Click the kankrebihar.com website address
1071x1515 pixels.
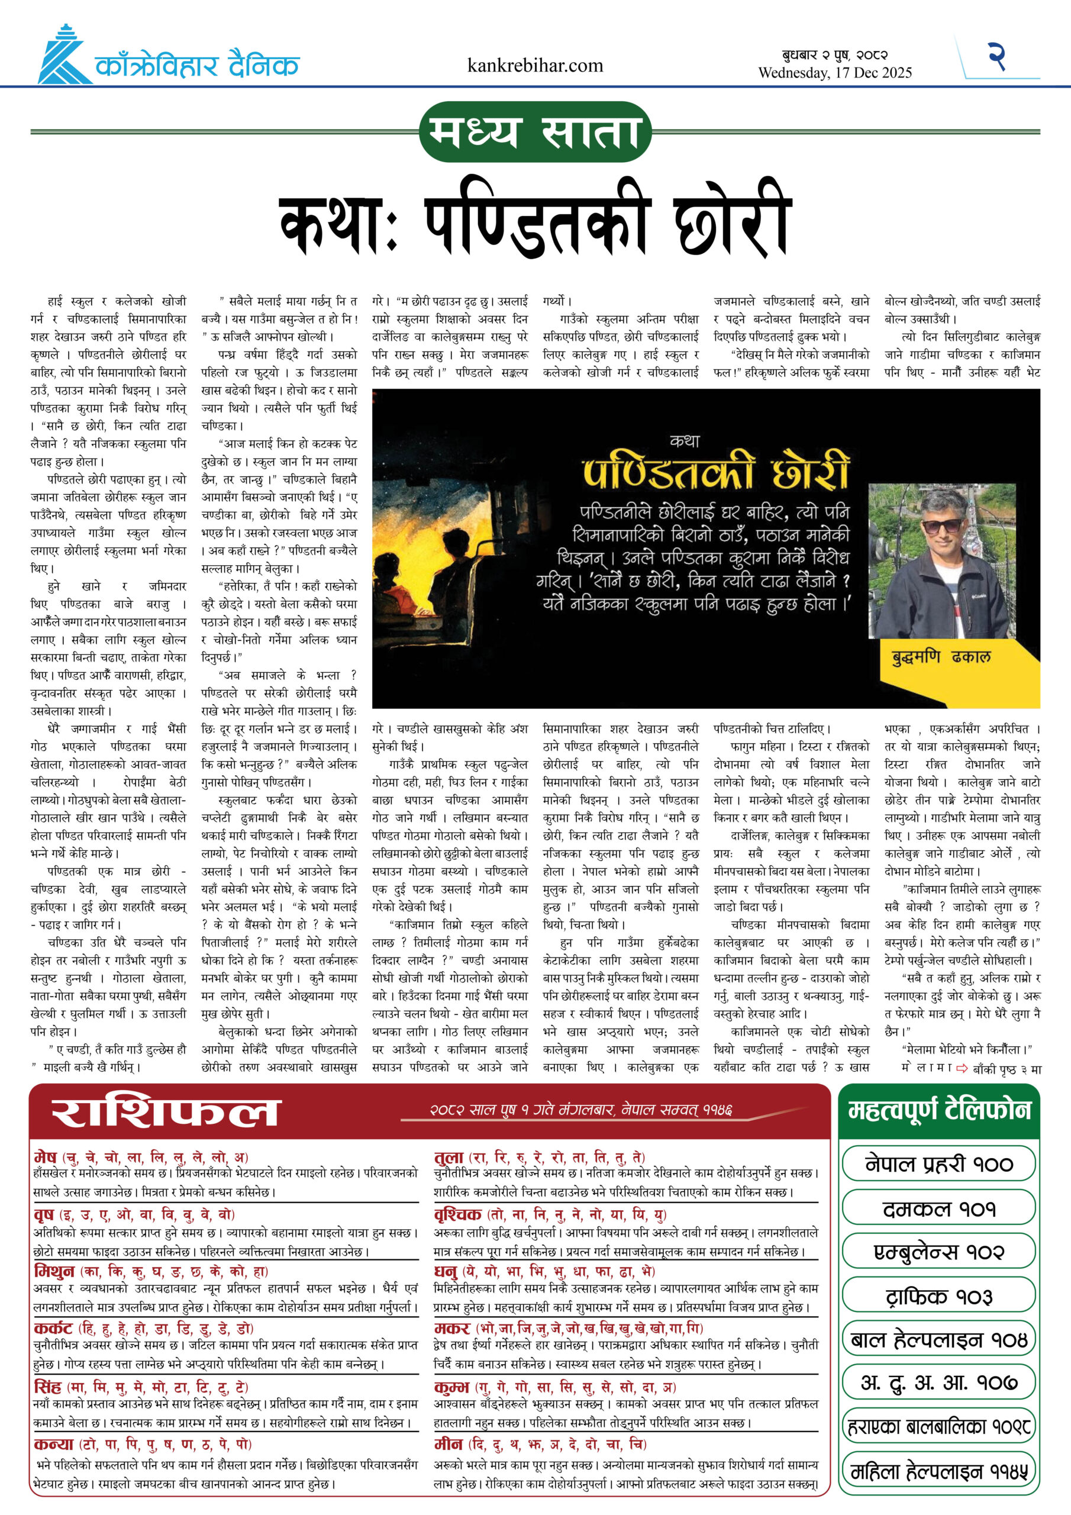(x=534, y=65)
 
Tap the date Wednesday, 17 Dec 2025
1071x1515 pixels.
(x=835, y=73)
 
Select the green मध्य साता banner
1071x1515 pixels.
(x=535, y=131)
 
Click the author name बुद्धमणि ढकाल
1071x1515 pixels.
(x=941, y=656)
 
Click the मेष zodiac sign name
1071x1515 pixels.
(x=45, y=1157)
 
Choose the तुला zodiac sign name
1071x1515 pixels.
(x=449, y=1157)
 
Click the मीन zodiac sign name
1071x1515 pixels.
(x=449, y=1443)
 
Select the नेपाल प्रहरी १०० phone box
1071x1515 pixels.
(x=938, y=1165)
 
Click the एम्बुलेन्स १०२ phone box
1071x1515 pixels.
(x=938, y=1252)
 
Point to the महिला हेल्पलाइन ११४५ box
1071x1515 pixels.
(x=938, y=1471)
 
